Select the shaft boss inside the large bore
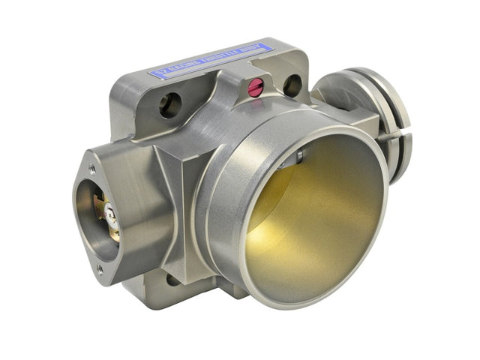pyautogui.click(x=298, y=158)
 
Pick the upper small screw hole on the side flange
pyautogui.click(x=92, y=169)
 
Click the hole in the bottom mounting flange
pyautogui.click(x=173, y=280)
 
